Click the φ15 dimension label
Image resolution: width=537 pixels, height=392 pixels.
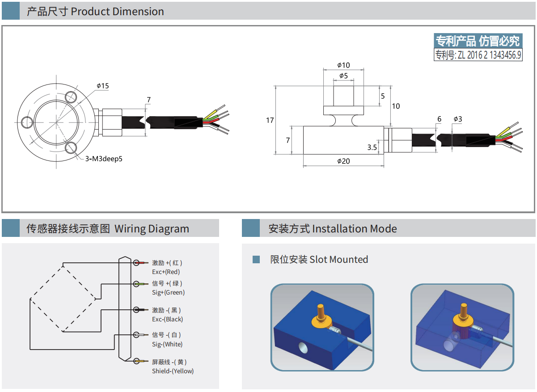click(x=102, y=86)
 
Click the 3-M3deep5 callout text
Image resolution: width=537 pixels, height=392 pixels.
click(x=104, y=158)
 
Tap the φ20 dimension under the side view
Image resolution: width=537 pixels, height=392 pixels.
click(x=343, y=161)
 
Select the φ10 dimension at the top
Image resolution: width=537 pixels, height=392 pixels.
click(x=343, y=65)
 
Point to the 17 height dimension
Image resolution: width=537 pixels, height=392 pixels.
click(x=270, y=120)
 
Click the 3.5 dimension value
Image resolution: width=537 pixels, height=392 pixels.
click(x=372, y=147)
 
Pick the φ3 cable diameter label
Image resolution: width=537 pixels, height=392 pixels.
click(x=457, y=119)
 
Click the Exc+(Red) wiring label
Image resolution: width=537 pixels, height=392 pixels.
click(x=166, y=272)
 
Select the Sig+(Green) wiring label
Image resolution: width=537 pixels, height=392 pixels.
click(x=168, y=292)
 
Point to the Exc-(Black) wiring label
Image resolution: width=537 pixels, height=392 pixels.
click(x=167, y=319)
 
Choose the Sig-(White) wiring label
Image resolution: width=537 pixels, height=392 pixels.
click(x=167, y=344)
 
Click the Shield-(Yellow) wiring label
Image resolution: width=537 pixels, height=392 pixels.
click(x=173, y=371)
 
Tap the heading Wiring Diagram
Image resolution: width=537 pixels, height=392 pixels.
click(x=152, y=229)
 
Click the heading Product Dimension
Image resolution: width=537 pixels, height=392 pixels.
click(x=117, y=12)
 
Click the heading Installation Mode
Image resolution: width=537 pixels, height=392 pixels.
click(x=354, y=229)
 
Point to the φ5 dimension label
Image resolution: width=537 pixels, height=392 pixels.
click(x=343, y=76)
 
